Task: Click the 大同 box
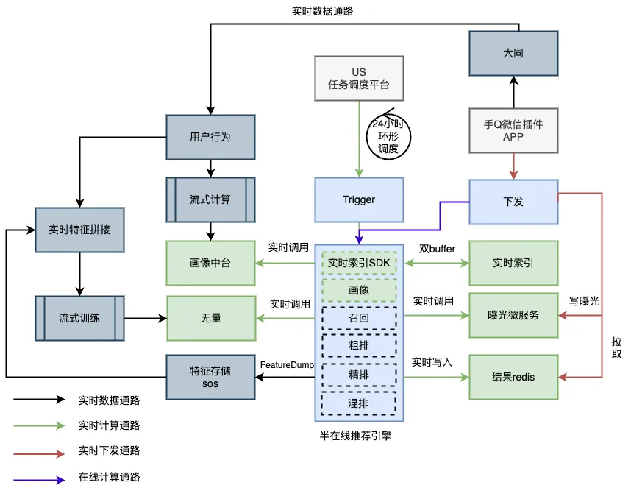tap(513, 53)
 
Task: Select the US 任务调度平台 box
tap(358, 78)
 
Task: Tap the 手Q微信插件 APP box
tap(513, 130)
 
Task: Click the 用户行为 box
tap(210, 137)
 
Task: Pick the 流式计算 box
tap(210, 199)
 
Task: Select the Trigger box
tap(359, 199)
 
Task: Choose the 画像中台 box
tap(210, 263)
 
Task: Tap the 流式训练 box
tap(79, 318)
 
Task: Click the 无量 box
tap(210, 318)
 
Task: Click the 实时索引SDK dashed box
tap(359, 263)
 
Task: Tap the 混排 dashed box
tap(359, 403)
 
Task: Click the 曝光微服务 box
tap(513, 315)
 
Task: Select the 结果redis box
tap(513, 377)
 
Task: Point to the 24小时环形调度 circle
tap(388, 136)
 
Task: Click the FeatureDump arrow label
tap(288, 364)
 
